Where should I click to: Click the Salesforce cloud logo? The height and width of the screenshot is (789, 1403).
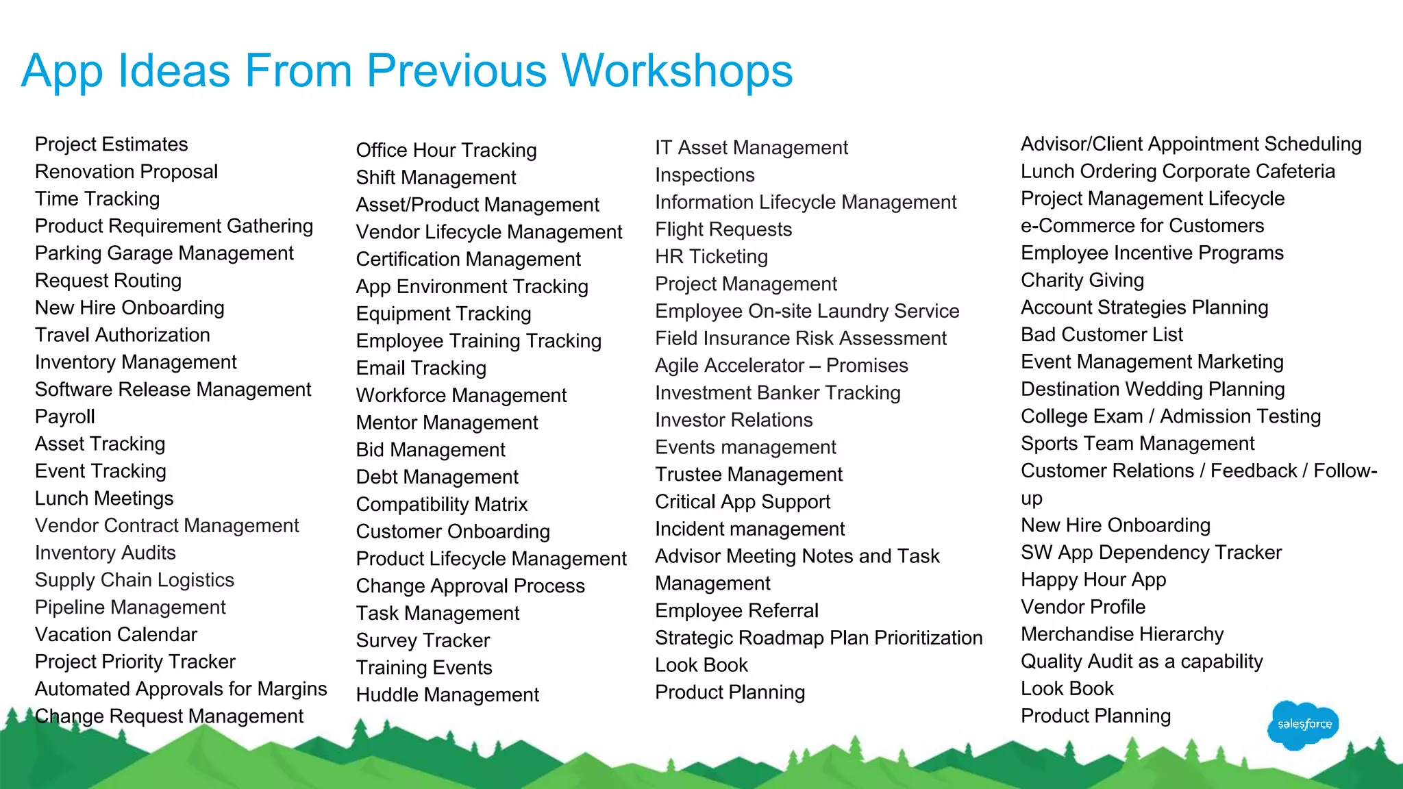click(x=1303, y=725)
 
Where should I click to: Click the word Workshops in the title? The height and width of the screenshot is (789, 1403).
click(x=677, y=71)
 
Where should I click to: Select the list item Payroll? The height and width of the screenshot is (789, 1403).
click(x=65, y=416)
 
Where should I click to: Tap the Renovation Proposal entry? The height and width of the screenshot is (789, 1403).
click(x=126, y=171)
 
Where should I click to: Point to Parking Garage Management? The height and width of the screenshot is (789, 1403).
click(x=164, y=253)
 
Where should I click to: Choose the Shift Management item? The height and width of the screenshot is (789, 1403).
click(x=436, y=177)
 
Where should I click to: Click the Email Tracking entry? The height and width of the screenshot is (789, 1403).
click(x=421, y=368)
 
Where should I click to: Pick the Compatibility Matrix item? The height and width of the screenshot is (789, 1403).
click(x=441, y=504)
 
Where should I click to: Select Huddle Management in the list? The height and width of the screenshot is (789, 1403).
click(x=447, y=694)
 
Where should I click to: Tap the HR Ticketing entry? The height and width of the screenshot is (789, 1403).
click(x=711, y=256)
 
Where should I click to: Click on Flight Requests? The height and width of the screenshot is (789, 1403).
click(x=723, y=229)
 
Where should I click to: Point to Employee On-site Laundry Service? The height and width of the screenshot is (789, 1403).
click(x=806, y=311)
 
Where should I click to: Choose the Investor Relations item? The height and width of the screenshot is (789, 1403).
click(x=733, y=420)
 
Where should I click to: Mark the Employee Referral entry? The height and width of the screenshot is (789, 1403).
click(x=736, y=610)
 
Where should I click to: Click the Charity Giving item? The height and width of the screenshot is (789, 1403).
click(x=1082, y=280)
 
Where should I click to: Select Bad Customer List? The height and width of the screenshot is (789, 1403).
click(x=1102, y=334)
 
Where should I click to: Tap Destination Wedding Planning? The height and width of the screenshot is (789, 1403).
click(x=1152, y=389)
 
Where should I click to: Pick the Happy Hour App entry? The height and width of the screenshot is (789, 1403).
click(x=1093, y=579)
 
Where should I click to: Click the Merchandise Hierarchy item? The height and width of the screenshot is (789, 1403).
click(x=1121, y=634)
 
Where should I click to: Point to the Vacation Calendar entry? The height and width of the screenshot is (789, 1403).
click(x=116, y=634)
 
